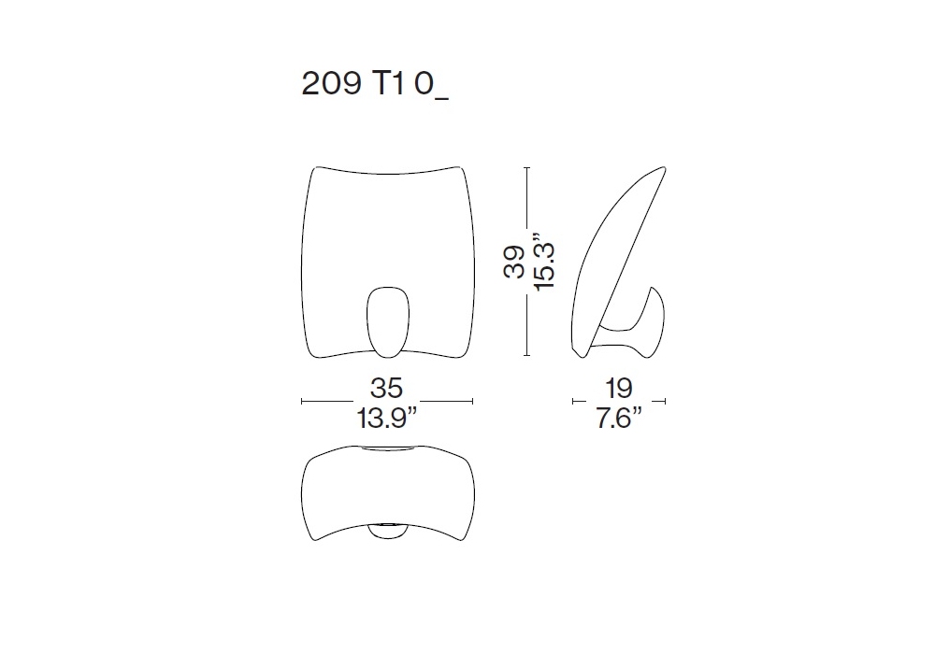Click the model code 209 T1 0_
[375, 85]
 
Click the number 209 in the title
[332, 83]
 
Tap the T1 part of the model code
[390, 83]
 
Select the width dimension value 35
[387, 389]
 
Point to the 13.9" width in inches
[387, 419]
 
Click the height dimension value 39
[514, 262]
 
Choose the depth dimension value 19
[619, 389]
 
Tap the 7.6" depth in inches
[619, 419]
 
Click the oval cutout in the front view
[388, 322]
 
